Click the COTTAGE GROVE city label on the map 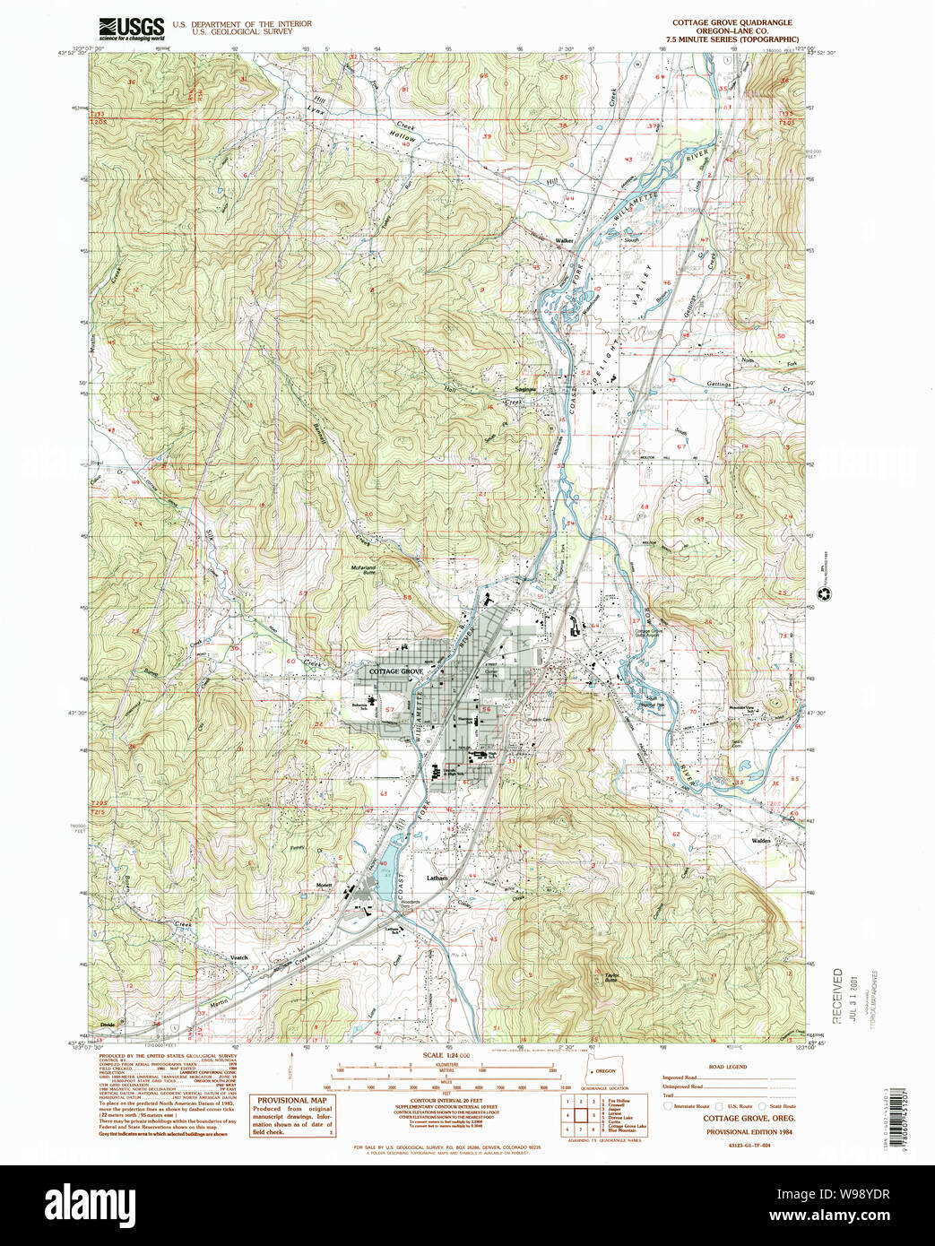[395, 671]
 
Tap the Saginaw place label [525, 389]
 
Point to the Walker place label [564, 241]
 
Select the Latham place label [437, 878]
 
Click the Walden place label [761, 841]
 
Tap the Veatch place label [238, 957]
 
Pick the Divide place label [108, 1024]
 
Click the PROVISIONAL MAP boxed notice [292, 1116]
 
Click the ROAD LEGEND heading [727, 1067]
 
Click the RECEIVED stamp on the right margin [837, 995]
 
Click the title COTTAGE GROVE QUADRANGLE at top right [732, 22]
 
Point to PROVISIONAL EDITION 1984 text [749, 1131]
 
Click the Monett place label [325, 885]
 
